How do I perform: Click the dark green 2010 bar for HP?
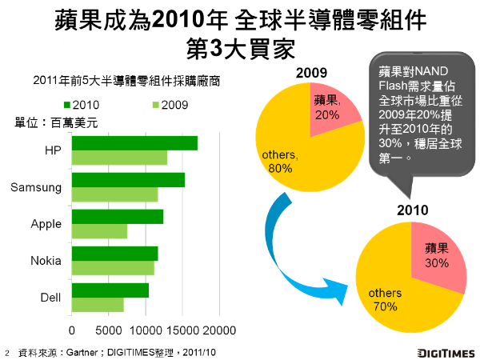click(134, 143)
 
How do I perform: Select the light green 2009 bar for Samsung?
click(114, 194)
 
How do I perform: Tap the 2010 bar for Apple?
click(118, 217)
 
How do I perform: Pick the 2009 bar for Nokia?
click(113, 268)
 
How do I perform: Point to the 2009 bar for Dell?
click(98, 305)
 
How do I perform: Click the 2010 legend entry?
click(82, 105)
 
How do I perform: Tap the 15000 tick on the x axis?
click(182, 330)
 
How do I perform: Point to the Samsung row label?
click(36, 187)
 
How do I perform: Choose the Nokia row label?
click(46, 261)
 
